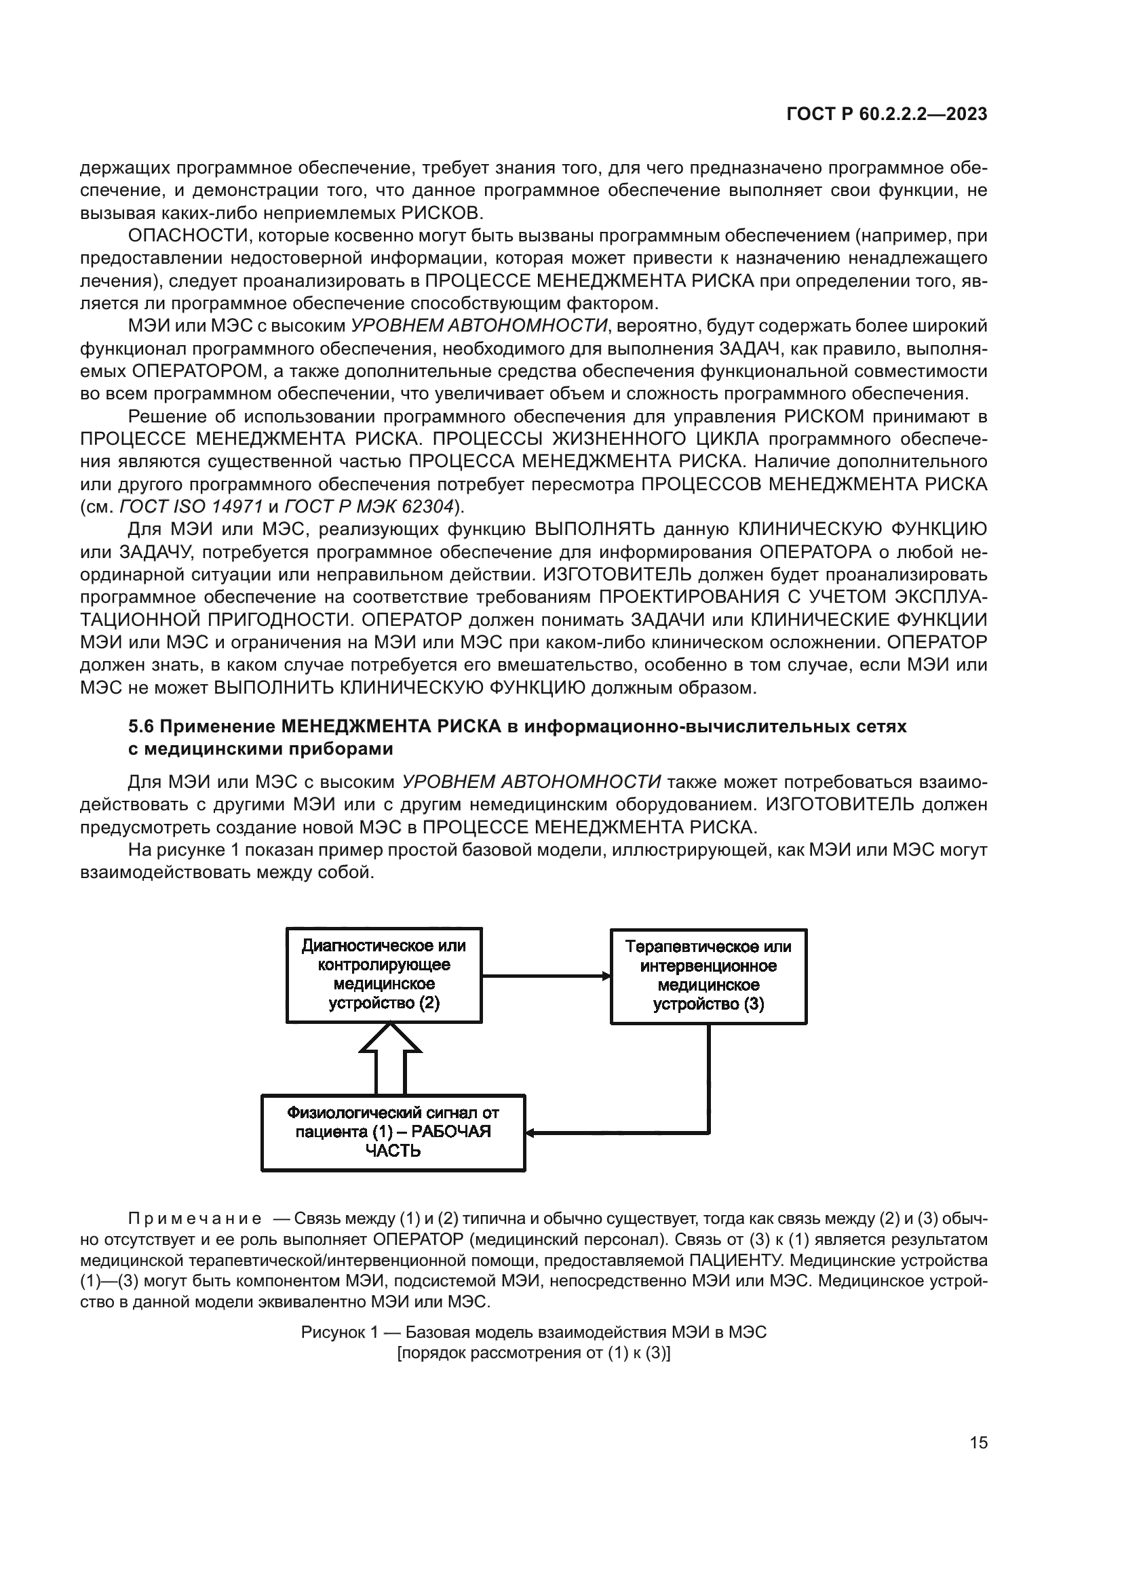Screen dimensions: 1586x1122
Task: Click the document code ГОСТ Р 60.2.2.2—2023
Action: point(887,115)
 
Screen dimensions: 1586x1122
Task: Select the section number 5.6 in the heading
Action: point(143,727)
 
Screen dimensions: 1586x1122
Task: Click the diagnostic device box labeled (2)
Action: point(384,974)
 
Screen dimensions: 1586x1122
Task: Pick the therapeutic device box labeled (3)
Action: point(708,975)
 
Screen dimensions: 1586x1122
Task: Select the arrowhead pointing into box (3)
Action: point(606,975)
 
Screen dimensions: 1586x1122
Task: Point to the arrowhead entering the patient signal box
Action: point(530,1133)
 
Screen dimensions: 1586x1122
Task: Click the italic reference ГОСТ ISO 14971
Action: point(191,507)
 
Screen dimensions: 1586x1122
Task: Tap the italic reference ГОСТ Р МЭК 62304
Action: point(369,507)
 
